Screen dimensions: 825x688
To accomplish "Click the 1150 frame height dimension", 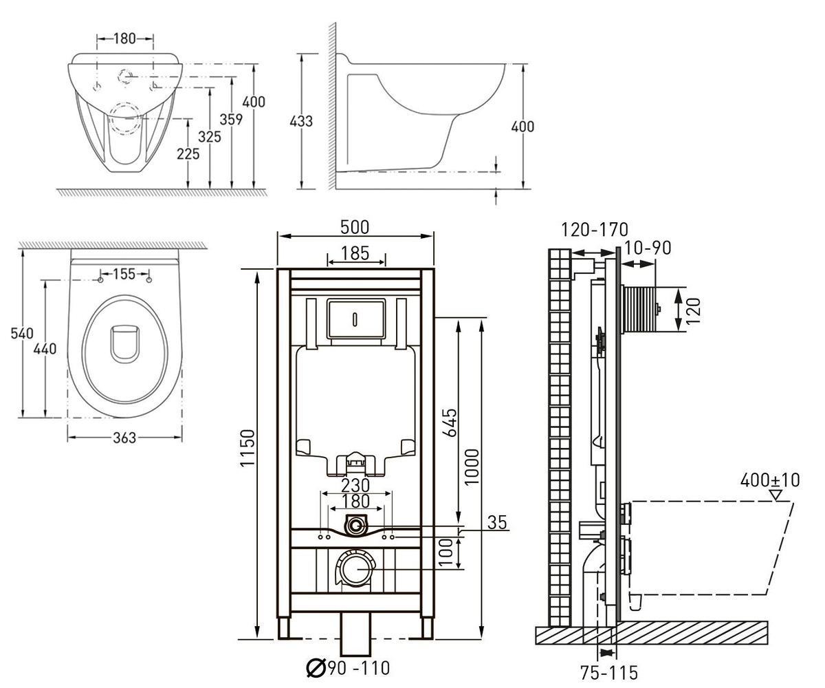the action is coord(248,448).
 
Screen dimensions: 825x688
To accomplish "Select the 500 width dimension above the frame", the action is coord(355,227).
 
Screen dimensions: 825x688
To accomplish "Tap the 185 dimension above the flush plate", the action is coord(355,253).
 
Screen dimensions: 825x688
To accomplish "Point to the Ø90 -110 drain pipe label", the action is coord(348,668).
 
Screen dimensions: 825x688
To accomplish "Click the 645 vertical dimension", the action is coord(450,423).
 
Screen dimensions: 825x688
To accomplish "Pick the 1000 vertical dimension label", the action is coord(472,466).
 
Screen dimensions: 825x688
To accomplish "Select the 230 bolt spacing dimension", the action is coord(355,486).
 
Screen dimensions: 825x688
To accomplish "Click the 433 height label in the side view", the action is coord(301,121).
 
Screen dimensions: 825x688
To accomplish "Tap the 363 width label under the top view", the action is coord(124,438).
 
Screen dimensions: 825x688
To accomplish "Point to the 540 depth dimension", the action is coord(22,333).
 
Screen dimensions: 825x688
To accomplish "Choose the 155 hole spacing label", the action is coord(124,274).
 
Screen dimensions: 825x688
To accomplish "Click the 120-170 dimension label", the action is coord(595,230).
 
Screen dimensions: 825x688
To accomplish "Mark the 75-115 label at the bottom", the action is coord(609,672).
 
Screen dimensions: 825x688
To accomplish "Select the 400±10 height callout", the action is coord(770,480).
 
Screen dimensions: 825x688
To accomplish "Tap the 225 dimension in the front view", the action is coord(188,154).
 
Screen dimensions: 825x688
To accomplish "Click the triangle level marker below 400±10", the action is coord(776,495).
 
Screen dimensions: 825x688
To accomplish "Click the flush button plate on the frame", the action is coord(356,319).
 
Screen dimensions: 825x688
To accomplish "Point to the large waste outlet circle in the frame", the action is coord(355,568).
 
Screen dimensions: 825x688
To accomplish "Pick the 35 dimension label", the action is coord(497,522).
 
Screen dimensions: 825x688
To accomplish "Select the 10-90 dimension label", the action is coord(648,248).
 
